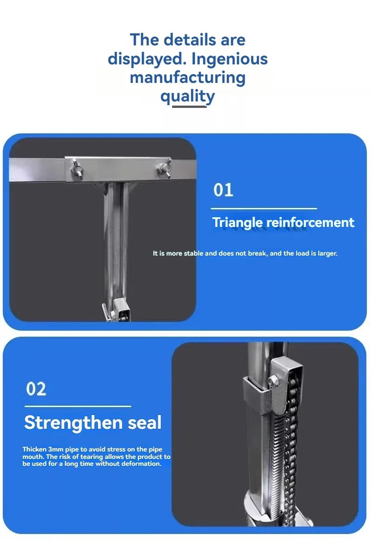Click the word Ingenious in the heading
[229, 59]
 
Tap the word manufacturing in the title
[187, 78]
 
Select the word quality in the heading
[187, 96]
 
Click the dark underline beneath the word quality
[189, 107]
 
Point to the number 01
[223, 190]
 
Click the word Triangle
[237, 222]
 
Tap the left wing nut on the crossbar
[77, 169]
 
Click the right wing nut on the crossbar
[165, 168]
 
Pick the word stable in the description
[193, 253]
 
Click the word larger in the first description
[327, 253]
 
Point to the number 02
[36, 389]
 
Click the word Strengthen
[73, 422]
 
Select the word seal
[145, 422]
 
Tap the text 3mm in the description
[56, 449]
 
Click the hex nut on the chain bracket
[273, 381]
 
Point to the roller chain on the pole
[292, 448]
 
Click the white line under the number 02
[78, 406]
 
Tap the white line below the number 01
[264, 208]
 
